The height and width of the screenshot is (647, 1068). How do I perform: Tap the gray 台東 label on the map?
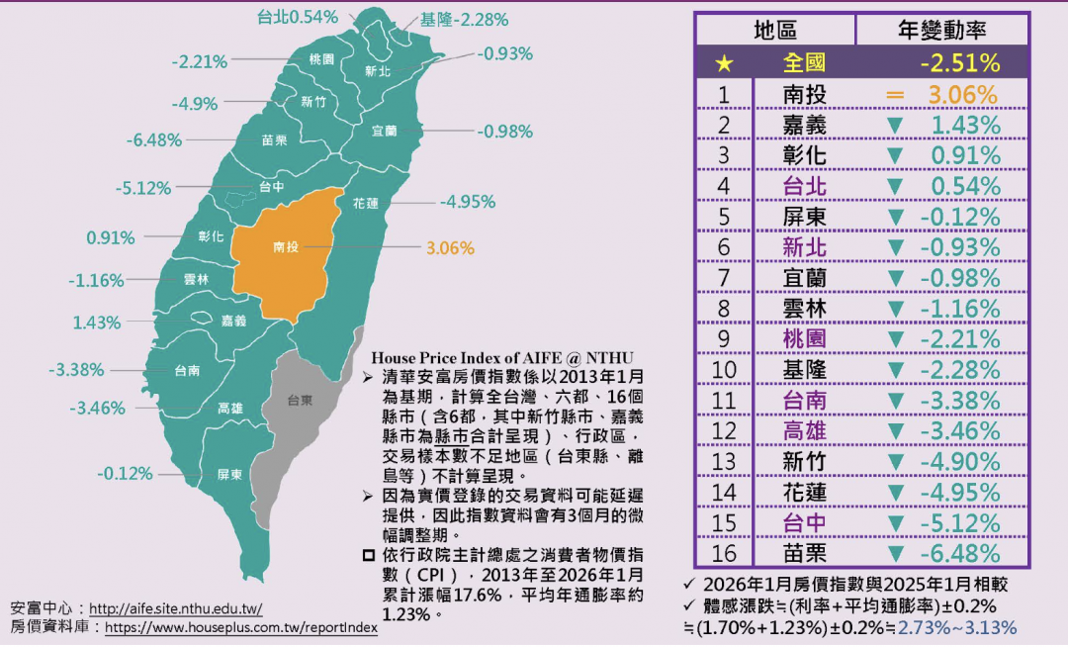tap(300, 401)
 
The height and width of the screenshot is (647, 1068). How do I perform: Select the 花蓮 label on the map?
tap(365, 202)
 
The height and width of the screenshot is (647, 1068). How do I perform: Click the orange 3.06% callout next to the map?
tap(450, 248)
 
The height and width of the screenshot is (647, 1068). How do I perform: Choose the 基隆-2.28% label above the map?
tap(464, 19)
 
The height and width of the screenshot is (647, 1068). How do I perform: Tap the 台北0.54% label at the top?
tap(297, 17)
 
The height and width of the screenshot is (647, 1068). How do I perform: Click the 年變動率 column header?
tap(941, 30)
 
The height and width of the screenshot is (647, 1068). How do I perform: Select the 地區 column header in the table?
tap(774, 30)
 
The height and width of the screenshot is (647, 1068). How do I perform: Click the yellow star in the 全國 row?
tap(724, 63)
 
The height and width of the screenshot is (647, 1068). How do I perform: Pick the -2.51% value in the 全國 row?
tap(959, 63)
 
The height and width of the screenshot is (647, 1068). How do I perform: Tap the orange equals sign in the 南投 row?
tap(895, 95)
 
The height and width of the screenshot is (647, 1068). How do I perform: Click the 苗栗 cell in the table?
tap(804, 554)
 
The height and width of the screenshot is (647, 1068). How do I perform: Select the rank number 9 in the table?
tap(724, 339)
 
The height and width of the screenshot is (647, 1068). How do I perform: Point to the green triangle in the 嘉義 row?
tap(895, 126)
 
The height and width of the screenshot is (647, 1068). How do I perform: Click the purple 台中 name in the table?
tap(804, 523)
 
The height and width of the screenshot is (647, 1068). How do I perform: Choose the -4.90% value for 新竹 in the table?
tap(959, 462)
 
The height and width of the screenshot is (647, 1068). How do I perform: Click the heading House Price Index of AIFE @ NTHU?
tap(501, 356)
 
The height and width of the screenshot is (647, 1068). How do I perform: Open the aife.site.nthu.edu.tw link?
tap(175, 608)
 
